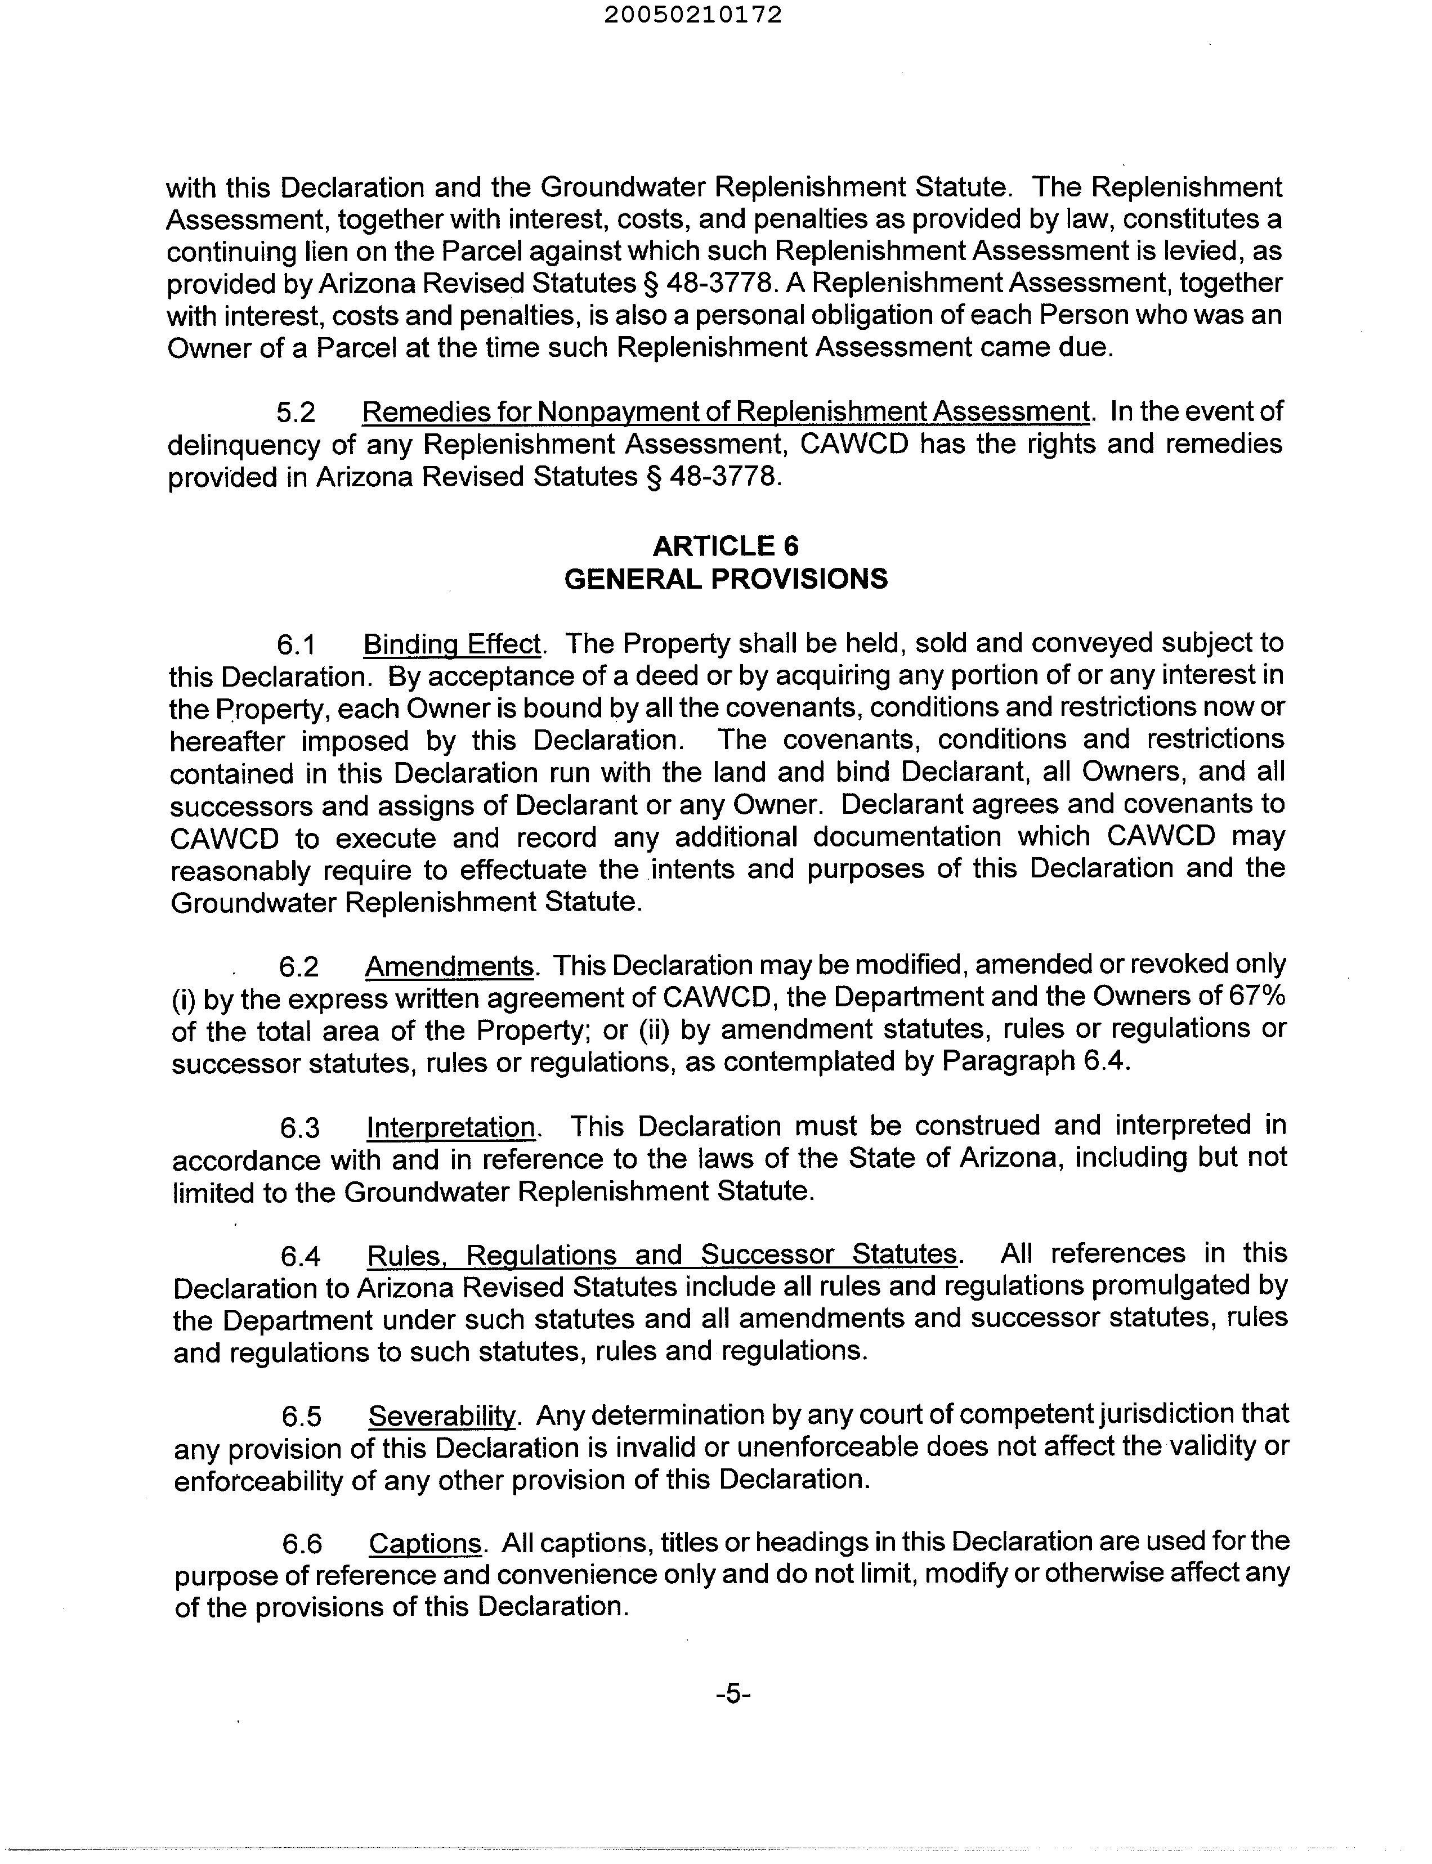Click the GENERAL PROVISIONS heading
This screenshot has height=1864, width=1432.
[726, 580]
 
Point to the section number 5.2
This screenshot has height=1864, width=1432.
[296, 413]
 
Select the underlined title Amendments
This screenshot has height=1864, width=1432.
[449, 966]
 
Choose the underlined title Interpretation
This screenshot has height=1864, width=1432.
[451, 1127]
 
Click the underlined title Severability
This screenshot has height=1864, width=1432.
[442, 1415]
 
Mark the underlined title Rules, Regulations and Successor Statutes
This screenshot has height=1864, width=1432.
[661, 1254]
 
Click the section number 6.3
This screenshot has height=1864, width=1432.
[300, 1128]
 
